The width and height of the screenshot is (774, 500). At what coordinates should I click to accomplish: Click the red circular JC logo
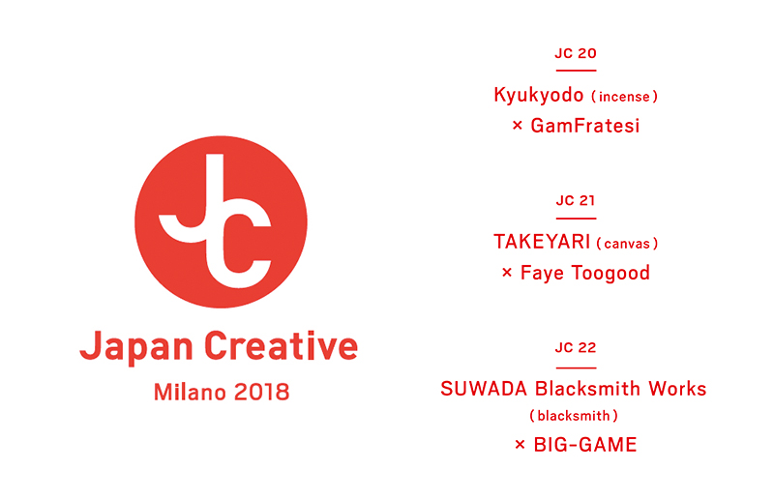tap(221, 221)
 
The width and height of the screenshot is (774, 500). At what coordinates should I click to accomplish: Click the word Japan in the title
tap(136, 347)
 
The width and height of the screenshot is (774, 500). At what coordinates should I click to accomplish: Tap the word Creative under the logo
tap(281, 346)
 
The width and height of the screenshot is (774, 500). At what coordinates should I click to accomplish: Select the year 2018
tap(261, 393)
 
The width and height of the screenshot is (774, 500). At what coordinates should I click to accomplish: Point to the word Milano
tap(190, 393)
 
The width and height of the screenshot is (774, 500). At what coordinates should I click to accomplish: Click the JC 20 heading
tap(576, 53)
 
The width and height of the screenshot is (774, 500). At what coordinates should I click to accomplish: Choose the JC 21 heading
tap(576, 200)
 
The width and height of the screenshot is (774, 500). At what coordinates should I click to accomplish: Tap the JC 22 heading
tap(576, 347)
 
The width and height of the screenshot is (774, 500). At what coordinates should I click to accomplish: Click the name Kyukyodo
tap(539, 96)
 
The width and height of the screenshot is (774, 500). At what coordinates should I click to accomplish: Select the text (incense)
tap(624, 97)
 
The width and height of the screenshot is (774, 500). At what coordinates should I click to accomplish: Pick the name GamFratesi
tap(585, 126)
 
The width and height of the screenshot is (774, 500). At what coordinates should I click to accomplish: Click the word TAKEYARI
tap(542, 242)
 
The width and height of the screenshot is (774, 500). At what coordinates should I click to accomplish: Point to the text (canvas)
tap(627, 244)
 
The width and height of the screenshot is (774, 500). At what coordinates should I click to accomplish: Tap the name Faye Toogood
tap(585, 274)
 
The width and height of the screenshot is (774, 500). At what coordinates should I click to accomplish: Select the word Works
tap(677, 389)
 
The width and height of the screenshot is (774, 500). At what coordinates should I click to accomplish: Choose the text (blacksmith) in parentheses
tap(574, 416)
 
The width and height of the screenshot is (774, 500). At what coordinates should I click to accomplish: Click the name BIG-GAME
tap(585, 445)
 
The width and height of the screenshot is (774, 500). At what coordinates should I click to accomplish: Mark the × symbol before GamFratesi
tap(517, 126)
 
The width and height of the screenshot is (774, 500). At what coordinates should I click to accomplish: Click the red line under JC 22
tap(576, 368)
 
